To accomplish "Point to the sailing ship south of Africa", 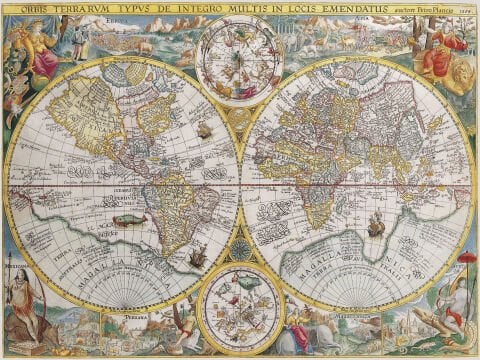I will click(x=376, y=226).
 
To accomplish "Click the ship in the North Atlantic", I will click(x=204, y=130).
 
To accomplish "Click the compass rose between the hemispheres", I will click(x=240, y=250).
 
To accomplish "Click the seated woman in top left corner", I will click(x=40, y=50).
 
